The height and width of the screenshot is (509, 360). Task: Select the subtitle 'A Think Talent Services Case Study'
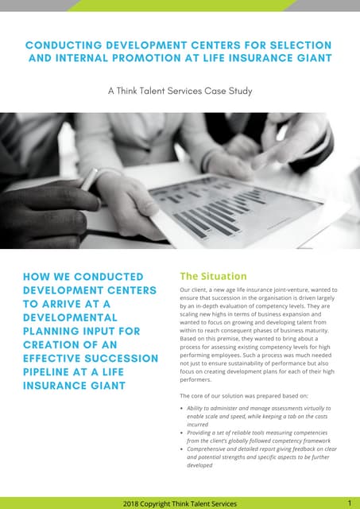180,91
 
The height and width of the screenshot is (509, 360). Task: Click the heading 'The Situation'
213,276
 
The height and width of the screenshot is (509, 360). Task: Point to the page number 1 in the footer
350,503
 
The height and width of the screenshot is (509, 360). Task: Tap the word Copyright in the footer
169,503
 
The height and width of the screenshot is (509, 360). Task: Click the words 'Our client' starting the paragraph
194,290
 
